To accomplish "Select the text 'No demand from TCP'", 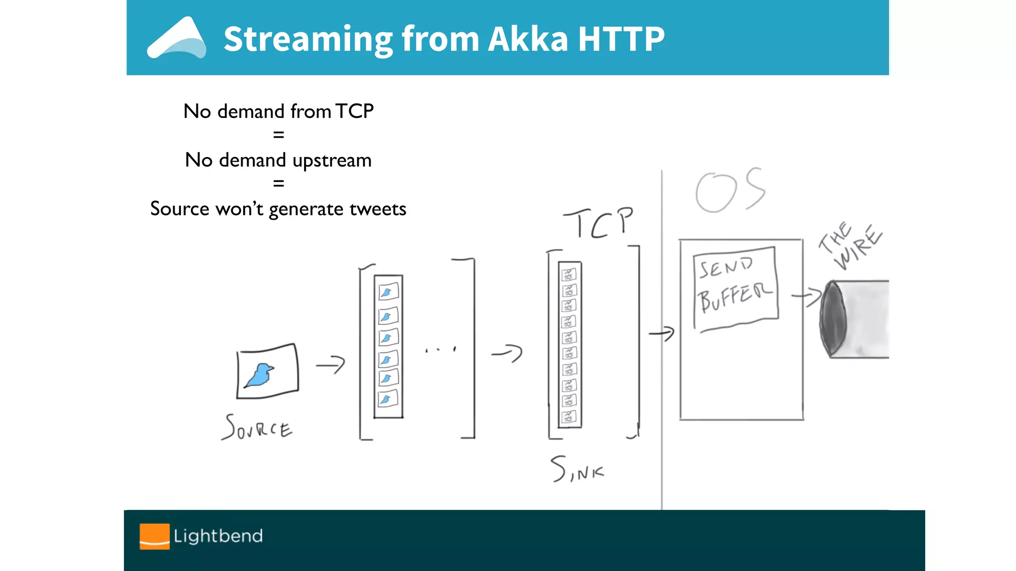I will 278,111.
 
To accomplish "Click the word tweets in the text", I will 378,209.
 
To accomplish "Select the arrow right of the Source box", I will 330,365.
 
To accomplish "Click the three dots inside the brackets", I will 440,350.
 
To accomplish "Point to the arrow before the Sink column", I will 507,353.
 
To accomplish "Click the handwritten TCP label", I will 598,223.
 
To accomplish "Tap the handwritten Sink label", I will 577,469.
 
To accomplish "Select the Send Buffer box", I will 735,289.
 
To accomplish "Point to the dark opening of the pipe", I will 833,318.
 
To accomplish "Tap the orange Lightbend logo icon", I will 154,536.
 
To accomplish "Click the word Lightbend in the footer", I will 218,536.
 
